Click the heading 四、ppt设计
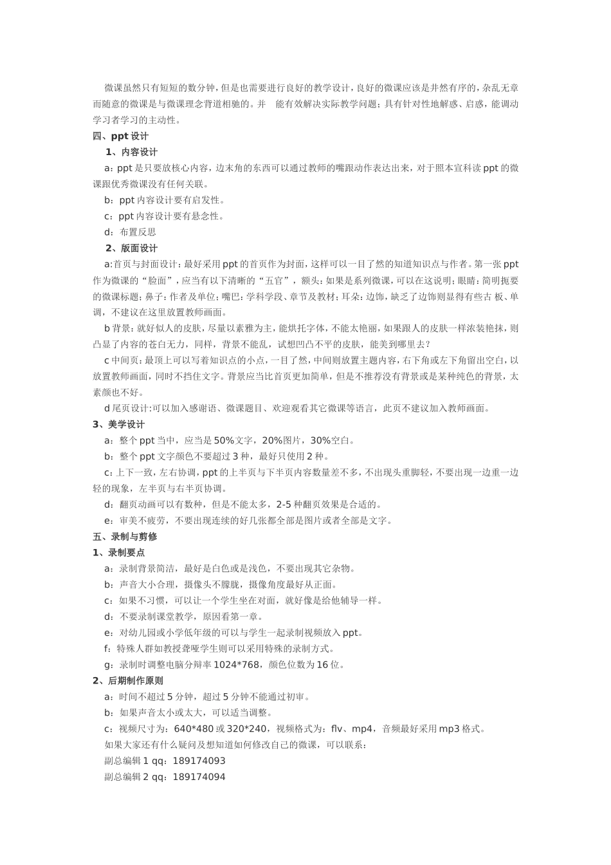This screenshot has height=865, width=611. (120, 136)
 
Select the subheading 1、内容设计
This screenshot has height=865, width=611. (131, 152)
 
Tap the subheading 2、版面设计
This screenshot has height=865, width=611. (131, 248)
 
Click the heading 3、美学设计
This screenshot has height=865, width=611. (118, 424)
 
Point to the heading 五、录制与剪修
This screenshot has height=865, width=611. (125, 536)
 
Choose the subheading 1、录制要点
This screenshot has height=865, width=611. (118, 552)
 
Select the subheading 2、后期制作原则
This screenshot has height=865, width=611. (127, 680)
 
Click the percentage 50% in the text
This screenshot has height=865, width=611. (224, 440)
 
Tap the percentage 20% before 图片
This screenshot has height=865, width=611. (272, 440)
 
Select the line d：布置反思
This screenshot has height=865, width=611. (130, 232)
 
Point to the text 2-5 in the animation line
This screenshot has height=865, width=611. (286, 504)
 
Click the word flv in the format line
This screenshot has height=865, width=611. (337, 729)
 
